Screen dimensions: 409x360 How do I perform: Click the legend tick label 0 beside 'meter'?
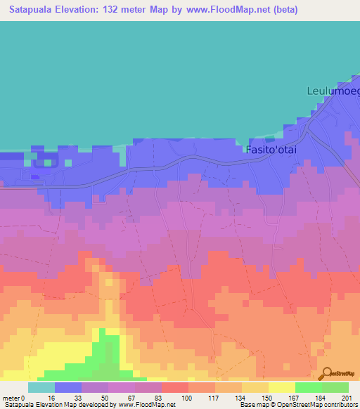point(25,397)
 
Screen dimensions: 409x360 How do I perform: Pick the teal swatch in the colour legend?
point(41,387)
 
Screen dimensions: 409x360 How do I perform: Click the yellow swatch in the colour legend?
point(282,387)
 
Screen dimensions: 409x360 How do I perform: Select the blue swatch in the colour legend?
point(68,387)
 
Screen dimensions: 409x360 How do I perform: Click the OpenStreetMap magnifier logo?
point(326,373)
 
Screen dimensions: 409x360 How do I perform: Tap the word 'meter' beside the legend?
point(11,397)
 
